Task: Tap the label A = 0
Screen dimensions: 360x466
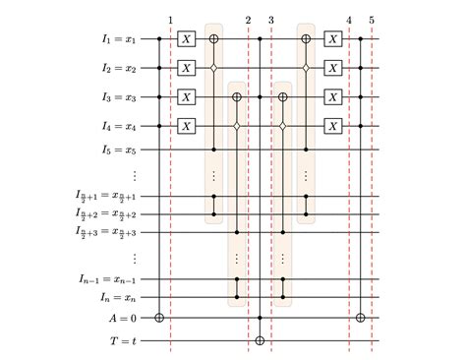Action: (120, 319)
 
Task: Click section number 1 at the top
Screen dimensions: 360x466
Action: (171, 19)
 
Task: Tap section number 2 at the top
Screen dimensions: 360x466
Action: (248, 19)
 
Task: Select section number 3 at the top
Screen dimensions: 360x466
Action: (270, 19)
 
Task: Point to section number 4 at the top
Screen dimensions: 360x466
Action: (349, 19)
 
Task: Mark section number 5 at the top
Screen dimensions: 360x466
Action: (372, 19)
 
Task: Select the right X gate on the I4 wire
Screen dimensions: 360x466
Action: (335, 126)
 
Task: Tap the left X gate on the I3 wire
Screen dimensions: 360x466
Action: (187, 97)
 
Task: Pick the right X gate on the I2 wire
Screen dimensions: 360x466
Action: (335, 68)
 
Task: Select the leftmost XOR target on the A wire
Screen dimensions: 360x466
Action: (160, 319)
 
